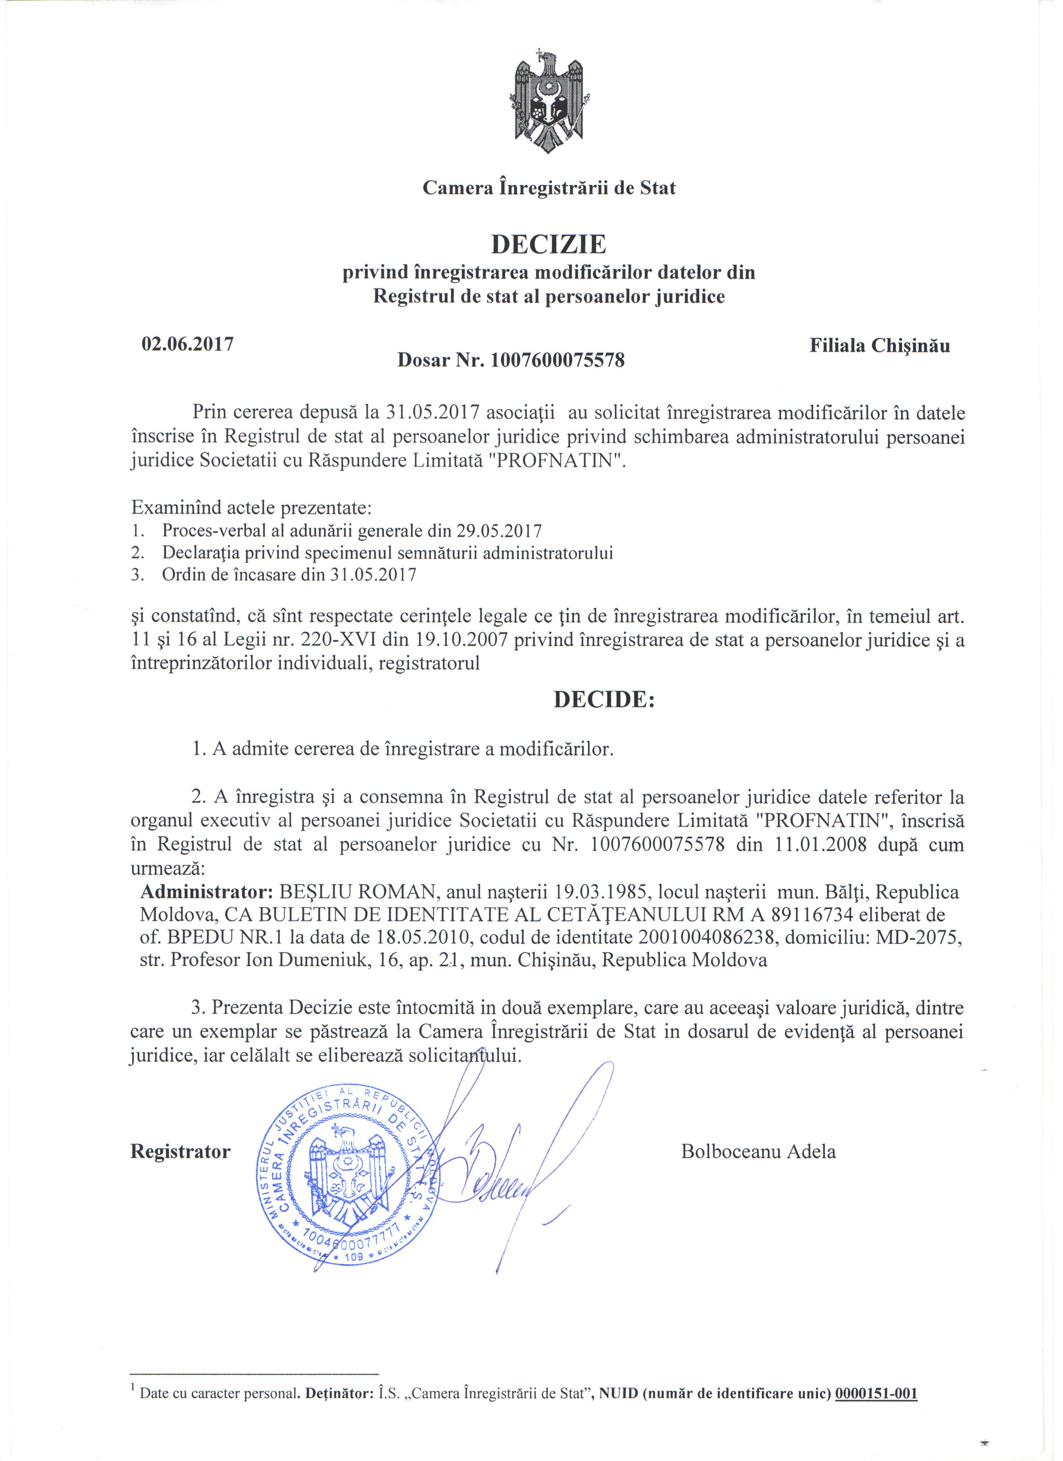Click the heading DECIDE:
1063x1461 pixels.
coord(604,700)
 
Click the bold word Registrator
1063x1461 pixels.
coord(181,1151)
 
